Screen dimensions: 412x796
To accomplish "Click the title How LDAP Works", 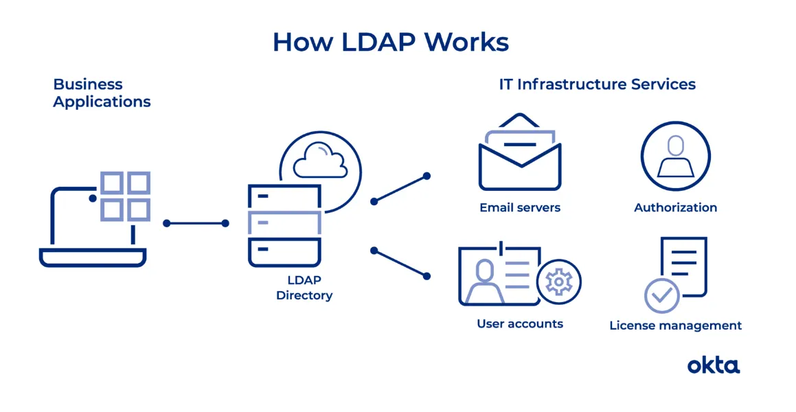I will pyautogui.click(x=390, y=42).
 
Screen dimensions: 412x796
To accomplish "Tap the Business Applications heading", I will pyautogui.click(x=101, y=93).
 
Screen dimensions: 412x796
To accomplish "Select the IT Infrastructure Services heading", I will pyautogui.click(x=597, y=84).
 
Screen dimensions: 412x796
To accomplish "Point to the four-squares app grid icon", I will pyautogui.click(x=125, y=196).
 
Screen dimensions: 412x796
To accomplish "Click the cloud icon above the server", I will pyautogui.click(x=319, y=161).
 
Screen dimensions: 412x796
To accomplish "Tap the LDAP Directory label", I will pyautogui.click(x=304, y=288).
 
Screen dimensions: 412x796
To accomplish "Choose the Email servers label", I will pyautogui.click(x=520, y=207).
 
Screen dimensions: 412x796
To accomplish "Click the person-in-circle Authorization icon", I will pyautogui.click(x=675, y=156).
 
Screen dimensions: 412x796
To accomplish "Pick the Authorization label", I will pyautogui.click(x=675, y=207).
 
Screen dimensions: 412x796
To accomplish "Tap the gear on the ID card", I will pyautogui.click(x=558, y=282).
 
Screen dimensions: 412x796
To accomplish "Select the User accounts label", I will pyautogui.click(x=520, y=323).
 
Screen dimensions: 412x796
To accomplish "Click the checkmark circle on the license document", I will pyautogui.click(x=661, y=295).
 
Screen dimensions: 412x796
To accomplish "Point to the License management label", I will pyautogui.click(x=675, y=325).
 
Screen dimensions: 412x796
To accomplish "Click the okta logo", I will pyautogui.click(x=714, y=365).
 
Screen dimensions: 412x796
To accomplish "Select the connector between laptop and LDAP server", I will pyautogui.click(x=196, y=223).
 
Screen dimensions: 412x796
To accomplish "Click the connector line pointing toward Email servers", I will pyautogui.click(x=400, y=189).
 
